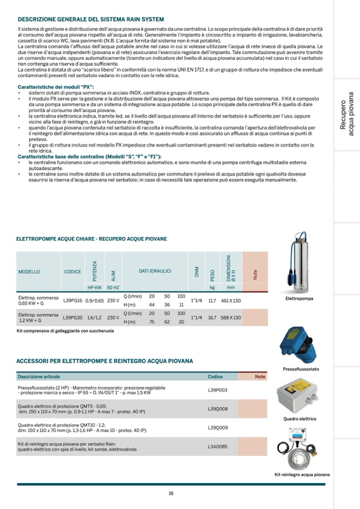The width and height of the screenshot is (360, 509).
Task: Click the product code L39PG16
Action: click(73, 300)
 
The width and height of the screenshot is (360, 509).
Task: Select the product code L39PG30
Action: click(73, 317)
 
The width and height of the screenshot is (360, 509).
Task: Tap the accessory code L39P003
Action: click(218, 390)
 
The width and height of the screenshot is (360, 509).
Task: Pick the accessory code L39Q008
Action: click(218, 409)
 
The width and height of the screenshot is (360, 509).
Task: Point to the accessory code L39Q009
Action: click(218, 427)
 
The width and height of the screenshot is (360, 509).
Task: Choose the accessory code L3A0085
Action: click(218, 446)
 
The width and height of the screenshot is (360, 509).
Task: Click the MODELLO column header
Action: click(29, 272)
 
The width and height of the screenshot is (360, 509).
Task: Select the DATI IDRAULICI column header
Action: click(155, 271)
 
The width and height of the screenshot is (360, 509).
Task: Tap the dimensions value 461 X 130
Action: click(230, 300)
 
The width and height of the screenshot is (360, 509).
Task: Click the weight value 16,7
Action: click(212, 317)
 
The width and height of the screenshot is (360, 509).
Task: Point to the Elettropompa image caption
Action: click(299, 298)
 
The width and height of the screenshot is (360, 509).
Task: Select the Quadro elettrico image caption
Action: click(299, 419)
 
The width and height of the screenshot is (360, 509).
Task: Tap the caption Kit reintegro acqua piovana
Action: click(302, 475)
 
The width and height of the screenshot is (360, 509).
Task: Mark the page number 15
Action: click(171, 493)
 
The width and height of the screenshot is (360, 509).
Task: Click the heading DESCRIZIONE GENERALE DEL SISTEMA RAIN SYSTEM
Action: click(91, 19)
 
